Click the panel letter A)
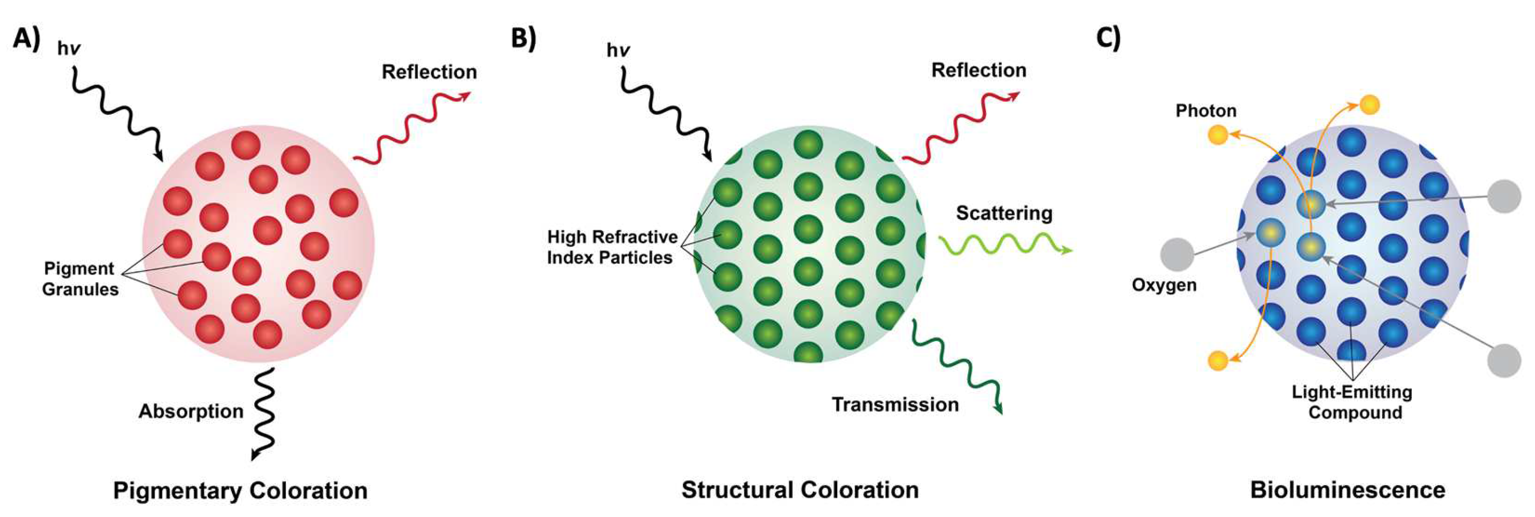click(x=27, y=40)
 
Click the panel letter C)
click(x=1108, y=39)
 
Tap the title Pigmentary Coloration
click(x=240, y=491)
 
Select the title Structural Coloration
click(x=800, y=490)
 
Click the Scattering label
click(x=1004, y=213)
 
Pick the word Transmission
click(x=895, y=404)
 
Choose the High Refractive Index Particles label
click(x=612, y=247)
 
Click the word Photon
click(x=1206, y=110)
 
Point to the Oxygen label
click(x=1164, y=285)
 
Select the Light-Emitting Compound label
click(x=1352, y=402)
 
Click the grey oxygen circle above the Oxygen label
click(x=1177, y=255)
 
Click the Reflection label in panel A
click(x=429, y=72)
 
